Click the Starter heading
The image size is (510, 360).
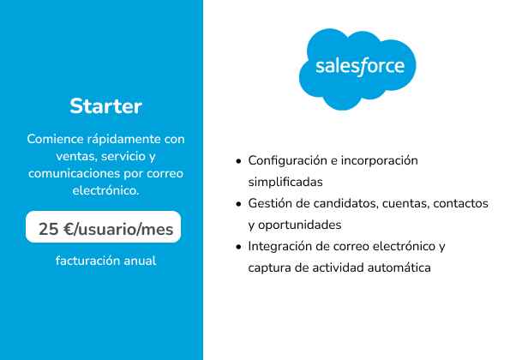pos(105,106)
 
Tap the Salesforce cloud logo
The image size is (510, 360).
pos(357,69)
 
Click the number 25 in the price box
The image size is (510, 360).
pos(49,229)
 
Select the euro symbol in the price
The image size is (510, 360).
pos(69,229)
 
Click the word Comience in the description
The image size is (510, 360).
pos(56,139)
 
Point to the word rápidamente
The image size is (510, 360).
pos(124,140)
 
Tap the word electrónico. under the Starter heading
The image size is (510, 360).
pos(105,190)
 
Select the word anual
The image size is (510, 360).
pos(140,261)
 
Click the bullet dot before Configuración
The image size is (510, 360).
pos(239,161)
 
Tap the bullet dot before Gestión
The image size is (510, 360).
pos(239,204)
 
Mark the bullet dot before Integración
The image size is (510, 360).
pos(239,247)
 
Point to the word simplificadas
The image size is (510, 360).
pos(285,182)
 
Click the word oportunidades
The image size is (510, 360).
pos(299,225)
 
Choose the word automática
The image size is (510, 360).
pos(399,267)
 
